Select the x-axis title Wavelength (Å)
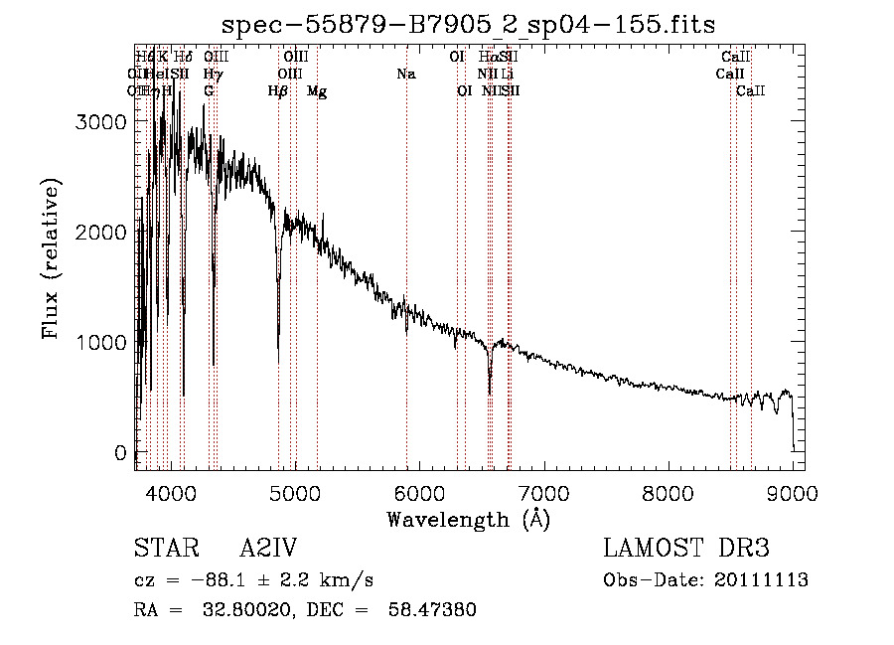click(468, 519)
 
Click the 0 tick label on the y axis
click(121, 452)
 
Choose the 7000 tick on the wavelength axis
click(542, 493)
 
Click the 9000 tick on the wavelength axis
click(792, 493)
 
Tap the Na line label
click(405, 74)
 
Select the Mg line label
click(317, 91)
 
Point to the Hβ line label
click(278, 91)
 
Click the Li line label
click(507, 74)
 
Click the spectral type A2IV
click(268, 549)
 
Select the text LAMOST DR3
click(686, 549)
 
